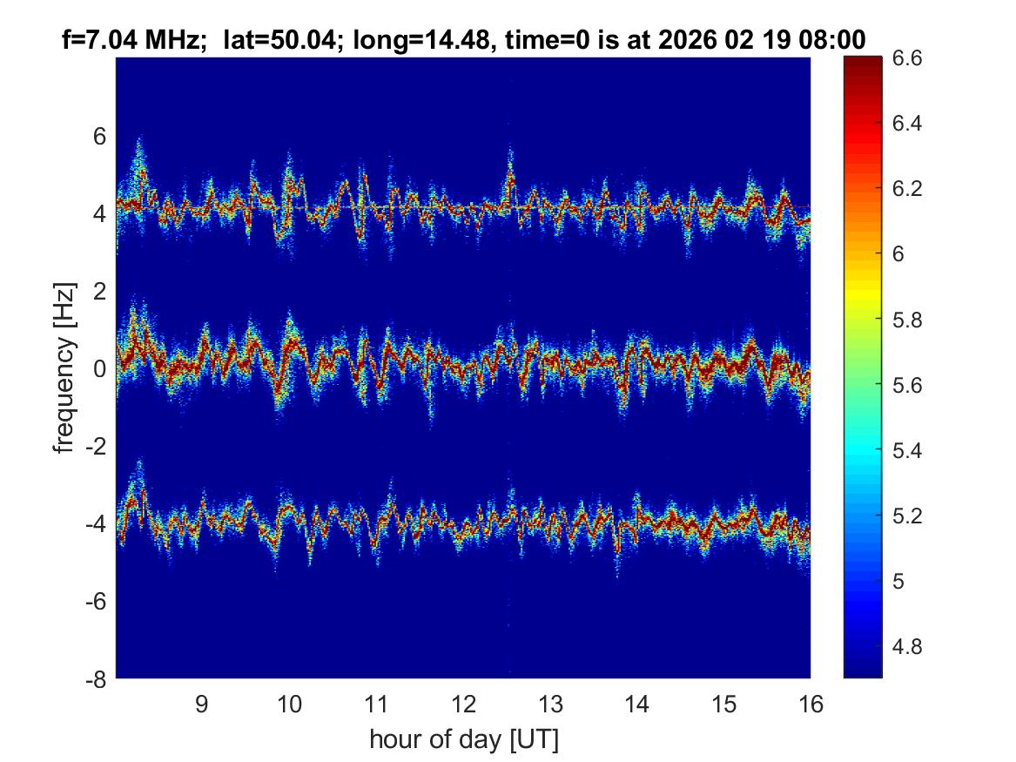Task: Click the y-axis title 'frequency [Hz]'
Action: tap(64, 368)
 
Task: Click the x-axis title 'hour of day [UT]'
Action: tap(463, 740)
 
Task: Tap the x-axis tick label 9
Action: tap(202, 704)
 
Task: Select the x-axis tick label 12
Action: tap(463, 704)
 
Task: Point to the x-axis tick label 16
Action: tap(811, 704)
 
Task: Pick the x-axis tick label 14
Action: tap(636, 704)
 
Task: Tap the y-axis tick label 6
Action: tap(100, 136)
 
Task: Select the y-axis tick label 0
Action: tap(100, 368)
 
